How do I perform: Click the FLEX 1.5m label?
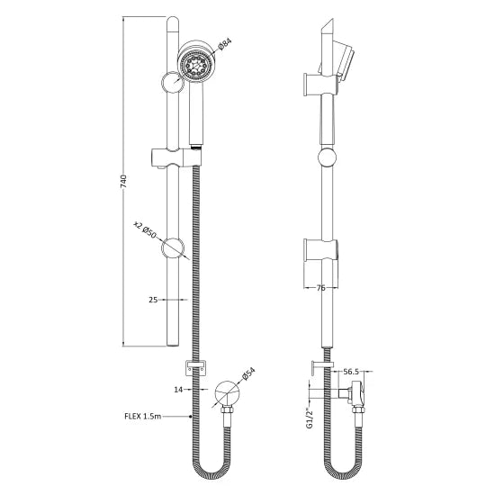click(x=155, y=418)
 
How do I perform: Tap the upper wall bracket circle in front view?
click(x=171, y=83)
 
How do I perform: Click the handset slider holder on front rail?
click(x=175, y=157)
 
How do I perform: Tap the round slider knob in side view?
click(x=326, y=160)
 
